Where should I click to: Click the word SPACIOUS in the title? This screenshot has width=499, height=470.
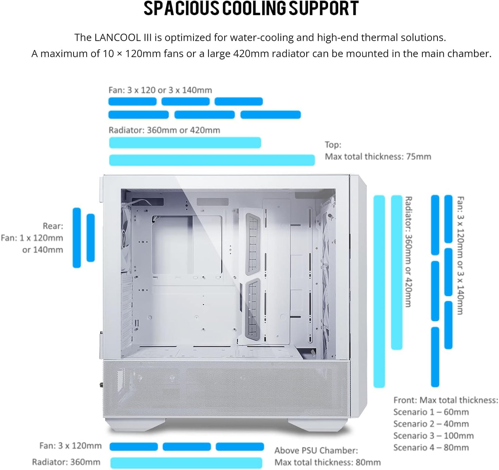pos(181,9)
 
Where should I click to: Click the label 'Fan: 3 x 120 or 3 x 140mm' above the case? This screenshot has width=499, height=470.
pos(160,90)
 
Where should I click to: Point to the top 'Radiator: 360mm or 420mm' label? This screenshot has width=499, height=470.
pos(164,130)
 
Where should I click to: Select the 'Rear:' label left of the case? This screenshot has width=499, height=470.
pos(53,226)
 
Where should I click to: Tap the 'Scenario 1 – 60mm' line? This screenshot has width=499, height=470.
pos(431,412)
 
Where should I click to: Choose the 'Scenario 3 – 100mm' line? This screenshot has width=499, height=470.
pos(433,436)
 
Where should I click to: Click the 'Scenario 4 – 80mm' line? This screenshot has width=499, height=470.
pos(431,448)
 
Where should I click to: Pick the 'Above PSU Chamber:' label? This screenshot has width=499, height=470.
pos(316,450)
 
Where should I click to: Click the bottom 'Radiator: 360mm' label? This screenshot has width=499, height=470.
pos(66,462)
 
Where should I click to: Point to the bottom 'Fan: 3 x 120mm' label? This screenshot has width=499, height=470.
pos(70,446)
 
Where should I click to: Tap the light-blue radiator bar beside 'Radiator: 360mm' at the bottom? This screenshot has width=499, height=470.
pos(186,463)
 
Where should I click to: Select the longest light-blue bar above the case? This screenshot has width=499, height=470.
pos(212,160)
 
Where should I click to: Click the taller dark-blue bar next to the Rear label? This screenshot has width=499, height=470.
pos(77,238)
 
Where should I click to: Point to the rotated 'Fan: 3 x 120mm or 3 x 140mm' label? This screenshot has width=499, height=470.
pos(460,256)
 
